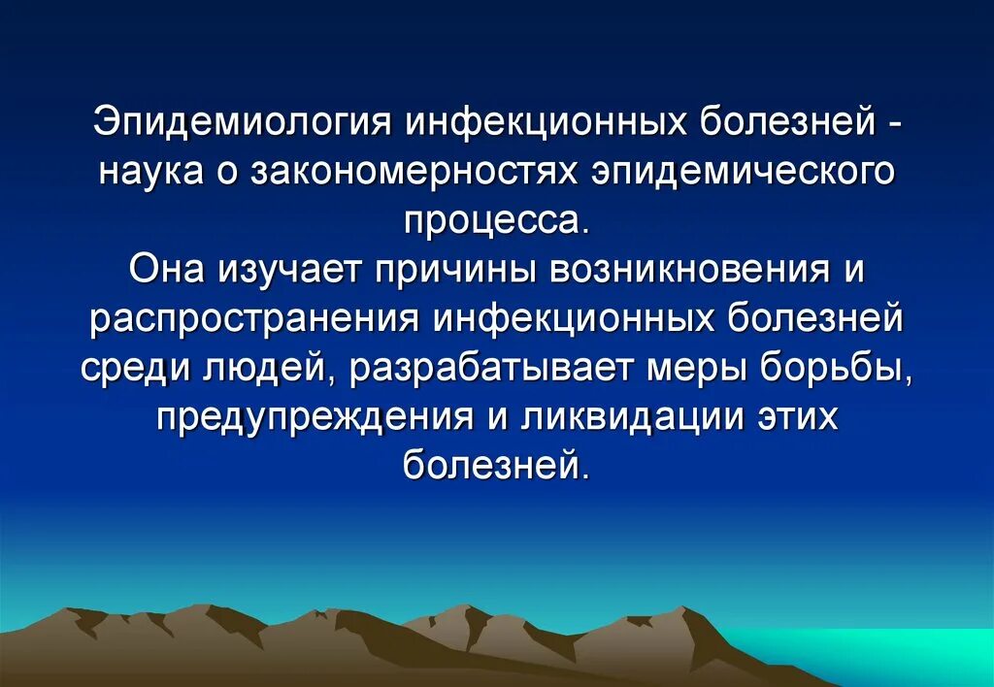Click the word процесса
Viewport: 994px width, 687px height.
(x=496, y=221)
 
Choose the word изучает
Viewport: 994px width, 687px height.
(x=289, y=269)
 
